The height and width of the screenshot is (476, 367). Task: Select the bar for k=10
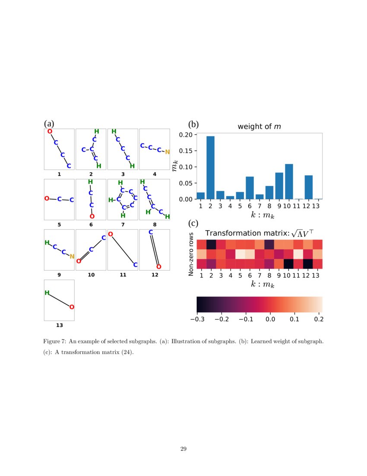(x=289, y=182)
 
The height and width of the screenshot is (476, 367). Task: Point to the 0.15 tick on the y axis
(x=187, y=151)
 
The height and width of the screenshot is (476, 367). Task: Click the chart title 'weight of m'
(x=259, y=126)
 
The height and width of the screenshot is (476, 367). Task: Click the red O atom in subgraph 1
(x=50, y=131)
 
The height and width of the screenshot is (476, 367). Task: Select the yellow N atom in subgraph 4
(x=168, y=151)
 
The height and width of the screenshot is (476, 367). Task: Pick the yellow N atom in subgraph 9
(x=72, y=256)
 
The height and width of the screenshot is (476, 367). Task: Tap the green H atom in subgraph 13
(x=47, y=293)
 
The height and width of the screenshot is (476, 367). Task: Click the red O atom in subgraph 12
(x=158, y=267)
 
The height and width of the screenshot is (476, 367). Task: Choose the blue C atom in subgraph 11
(x=135, y=264)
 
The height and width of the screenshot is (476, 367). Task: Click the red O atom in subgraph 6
(x=92, y=216)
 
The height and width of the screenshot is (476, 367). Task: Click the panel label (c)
(x=193, y=224)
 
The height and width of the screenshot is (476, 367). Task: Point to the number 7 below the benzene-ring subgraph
(x=123, y=225)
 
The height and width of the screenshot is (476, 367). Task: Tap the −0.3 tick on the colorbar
(x=197, y=319)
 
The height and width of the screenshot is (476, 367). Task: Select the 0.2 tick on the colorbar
(x=319, y=319)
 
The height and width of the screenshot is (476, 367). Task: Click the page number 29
(x=183, y=448)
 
